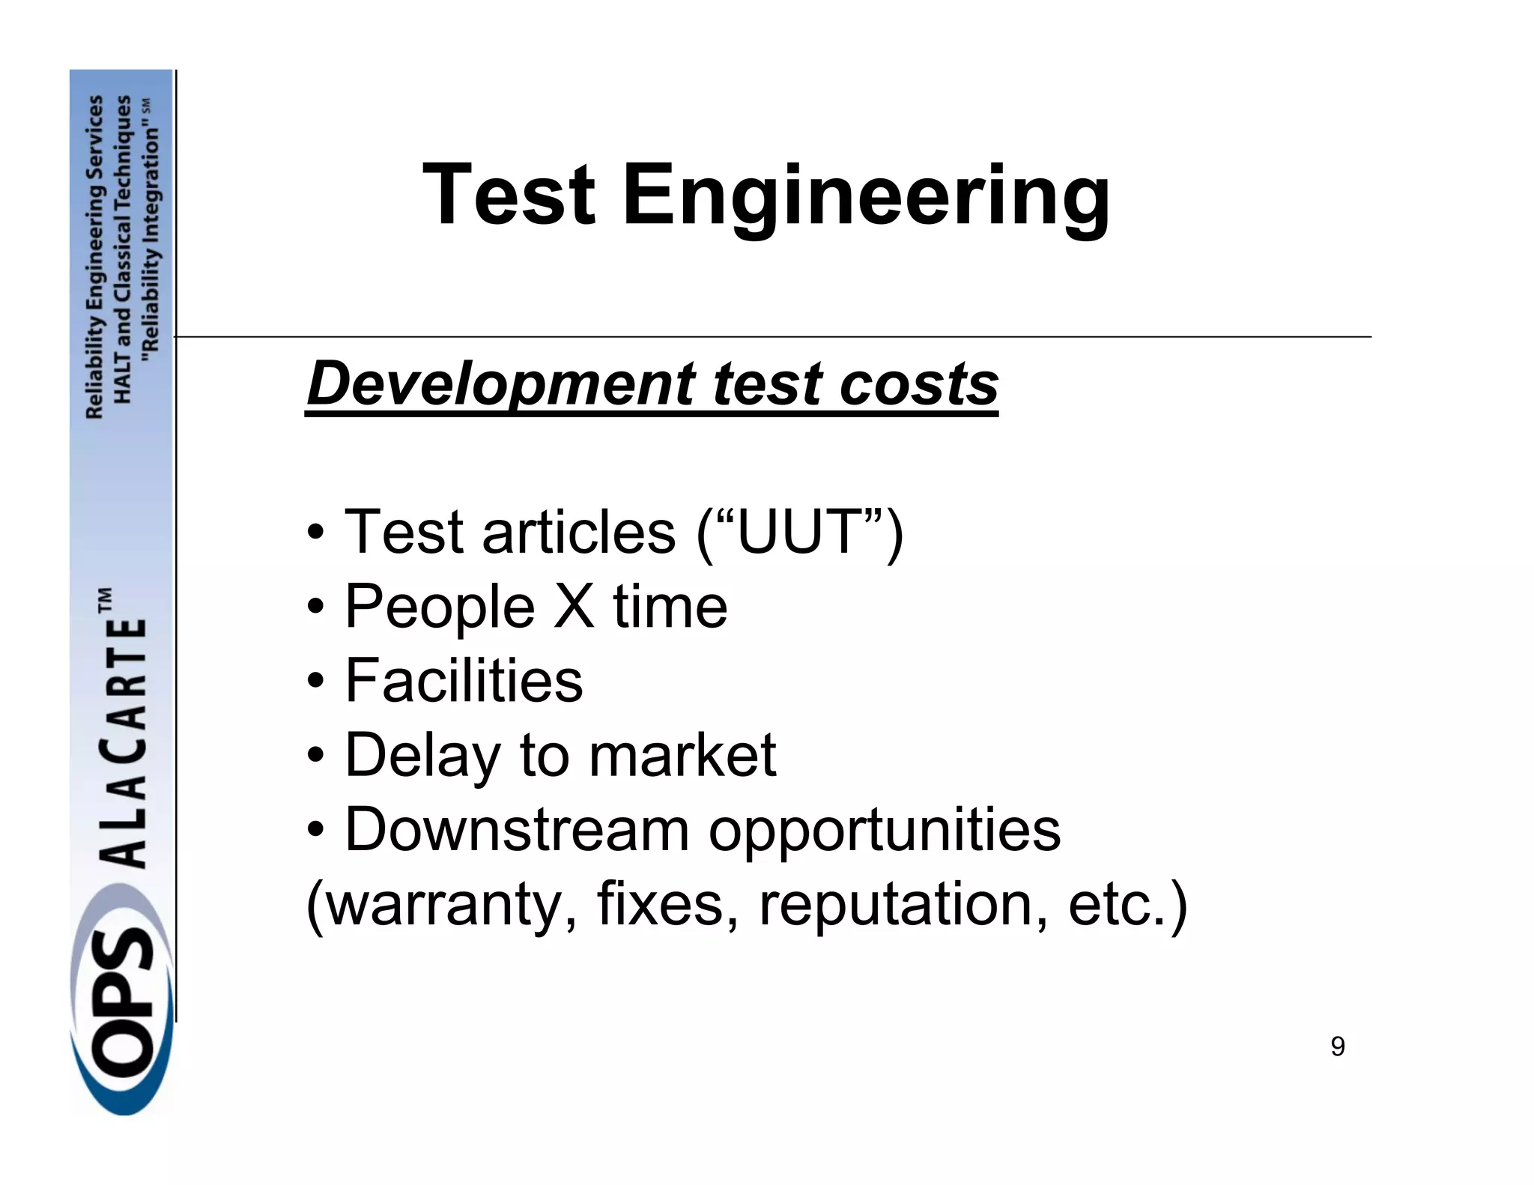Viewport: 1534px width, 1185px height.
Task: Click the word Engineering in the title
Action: click(866, 196)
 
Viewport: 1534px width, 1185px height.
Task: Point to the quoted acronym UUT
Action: click(799, 531)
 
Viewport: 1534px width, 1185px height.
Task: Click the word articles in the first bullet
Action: click(578, 531)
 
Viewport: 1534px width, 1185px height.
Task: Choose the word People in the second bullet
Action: click(440, 607)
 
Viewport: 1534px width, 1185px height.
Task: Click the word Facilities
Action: click(464, 679)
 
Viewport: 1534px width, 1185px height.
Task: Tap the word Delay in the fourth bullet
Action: click(422, 755)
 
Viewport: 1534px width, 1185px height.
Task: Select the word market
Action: click(682, 754)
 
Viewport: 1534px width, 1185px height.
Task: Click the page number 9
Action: click(1338, 1046)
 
